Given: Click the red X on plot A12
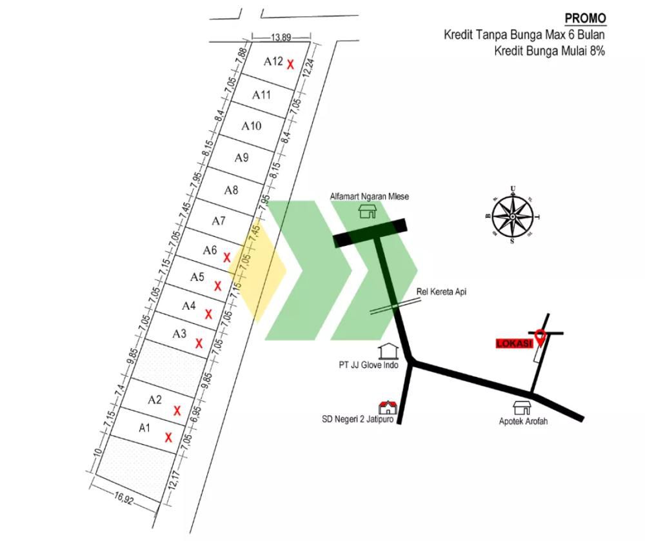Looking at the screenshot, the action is pos(290,64).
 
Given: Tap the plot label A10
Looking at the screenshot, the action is pos(251,126).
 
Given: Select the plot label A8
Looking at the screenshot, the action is pos(231,190).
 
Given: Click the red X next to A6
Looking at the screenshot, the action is pos(226,258).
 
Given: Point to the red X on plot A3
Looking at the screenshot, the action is pos(199,343).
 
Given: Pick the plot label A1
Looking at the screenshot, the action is pos(144,428).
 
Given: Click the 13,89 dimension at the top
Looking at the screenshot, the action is pos(281,37).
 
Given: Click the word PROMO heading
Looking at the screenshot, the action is pos(586,18).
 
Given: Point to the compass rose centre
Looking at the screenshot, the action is pos(513,216).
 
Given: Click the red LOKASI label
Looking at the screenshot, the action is pos(514,343).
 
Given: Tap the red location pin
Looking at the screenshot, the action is pos(540,337).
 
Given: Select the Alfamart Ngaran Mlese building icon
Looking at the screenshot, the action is pos(368,211).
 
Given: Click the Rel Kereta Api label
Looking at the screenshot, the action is pos(441,292).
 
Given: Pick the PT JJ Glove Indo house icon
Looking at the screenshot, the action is pos(388,351).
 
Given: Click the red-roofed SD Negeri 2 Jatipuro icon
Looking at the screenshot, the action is pos(388,407).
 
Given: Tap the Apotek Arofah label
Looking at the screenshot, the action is pos(523,421).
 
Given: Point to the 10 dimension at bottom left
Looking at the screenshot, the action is pos(98,452).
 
